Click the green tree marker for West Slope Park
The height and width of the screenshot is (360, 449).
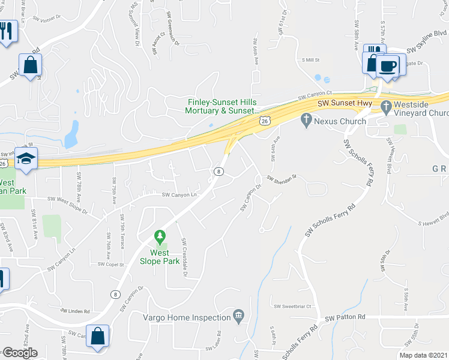[x=160, y=238]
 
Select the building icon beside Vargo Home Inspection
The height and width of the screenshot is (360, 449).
[x=239, y=316]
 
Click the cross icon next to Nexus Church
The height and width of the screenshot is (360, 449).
[x=307, y=121]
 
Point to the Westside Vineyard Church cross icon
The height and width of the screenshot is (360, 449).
[x=385, y=104]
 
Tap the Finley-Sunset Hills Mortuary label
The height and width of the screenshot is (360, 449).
[x=222, y=106]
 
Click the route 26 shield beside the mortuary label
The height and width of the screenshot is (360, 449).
[x=265, y=121]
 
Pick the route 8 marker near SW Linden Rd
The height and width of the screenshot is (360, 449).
[x=115, y=294]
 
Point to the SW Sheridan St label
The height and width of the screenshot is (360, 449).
[x=283, y=178]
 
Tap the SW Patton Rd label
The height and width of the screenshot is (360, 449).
[x=345, y=317]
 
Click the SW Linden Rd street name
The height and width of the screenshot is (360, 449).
[x=75, y=311]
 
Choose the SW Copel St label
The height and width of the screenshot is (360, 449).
[x=110, y=264]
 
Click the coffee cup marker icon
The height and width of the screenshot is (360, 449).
[x=388, y=65]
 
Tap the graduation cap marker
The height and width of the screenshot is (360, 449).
[x=26, y=159]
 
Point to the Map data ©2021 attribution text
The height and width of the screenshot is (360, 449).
[x=423, y=355]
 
